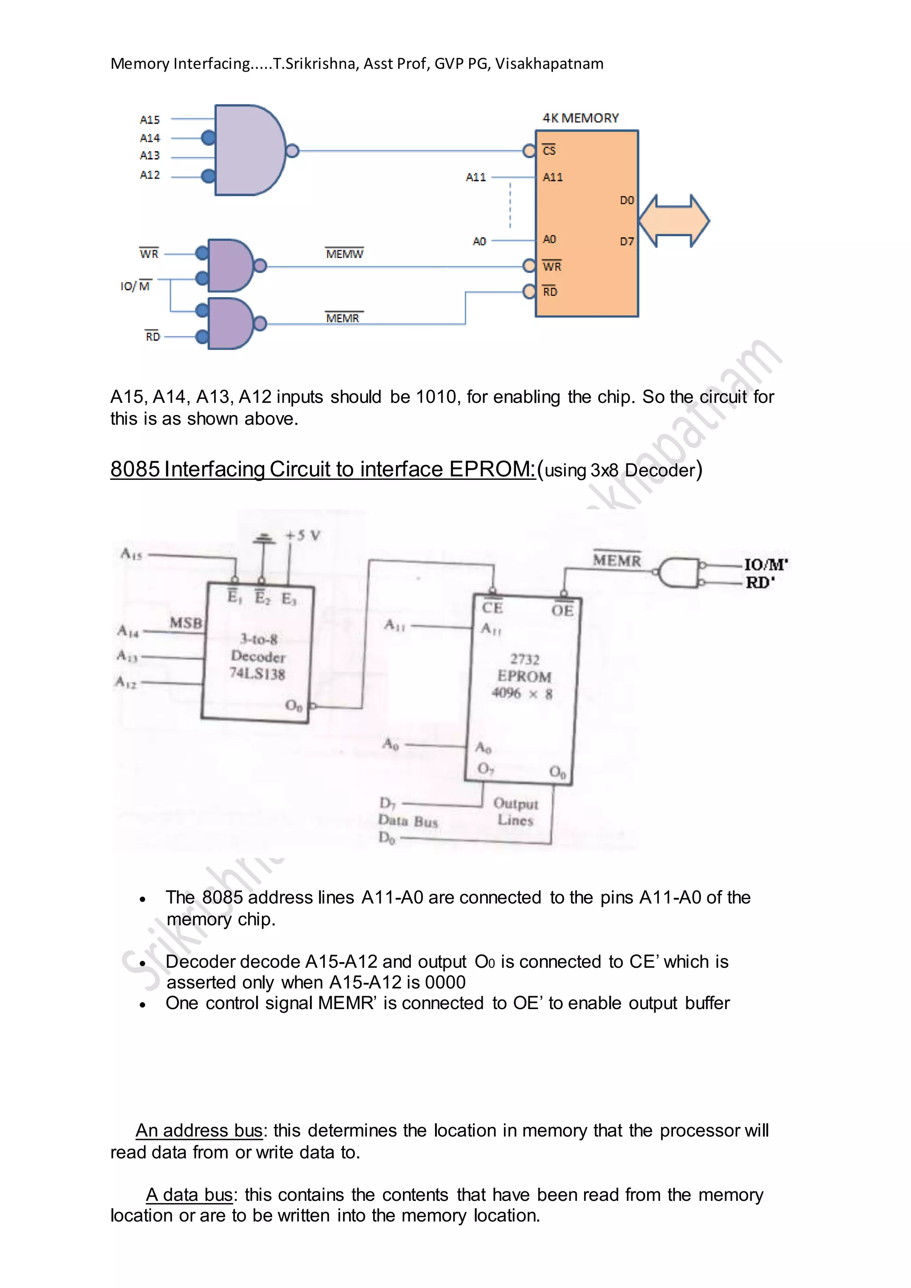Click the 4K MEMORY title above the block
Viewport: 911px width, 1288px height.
click(580, 118)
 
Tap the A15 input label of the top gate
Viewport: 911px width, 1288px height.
click(150, 120)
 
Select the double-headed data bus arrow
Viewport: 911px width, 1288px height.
click(674, 221)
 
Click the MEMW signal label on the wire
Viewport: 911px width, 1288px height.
click(344, 254)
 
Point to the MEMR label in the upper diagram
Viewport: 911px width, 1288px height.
click(343, 318)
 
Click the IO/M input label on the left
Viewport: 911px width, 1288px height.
click(135, 286)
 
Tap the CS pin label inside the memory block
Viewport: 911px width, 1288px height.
click(549, 150)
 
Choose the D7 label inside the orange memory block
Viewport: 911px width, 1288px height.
click(627, 241)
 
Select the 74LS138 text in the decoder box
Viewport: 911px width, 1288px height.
click(258, 674)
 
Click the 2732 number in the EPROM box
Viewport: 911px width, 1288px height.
click(524, 659)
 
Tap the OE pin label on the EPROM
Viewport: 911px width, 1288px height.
click(562, 610)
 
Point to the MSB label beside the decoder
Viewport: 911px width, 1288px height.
click(185, 623)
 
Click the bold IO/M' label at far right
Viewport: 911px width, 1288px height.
click(766, 565)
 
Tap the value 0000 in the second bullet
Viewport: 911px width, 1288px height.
click(445, 982)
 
